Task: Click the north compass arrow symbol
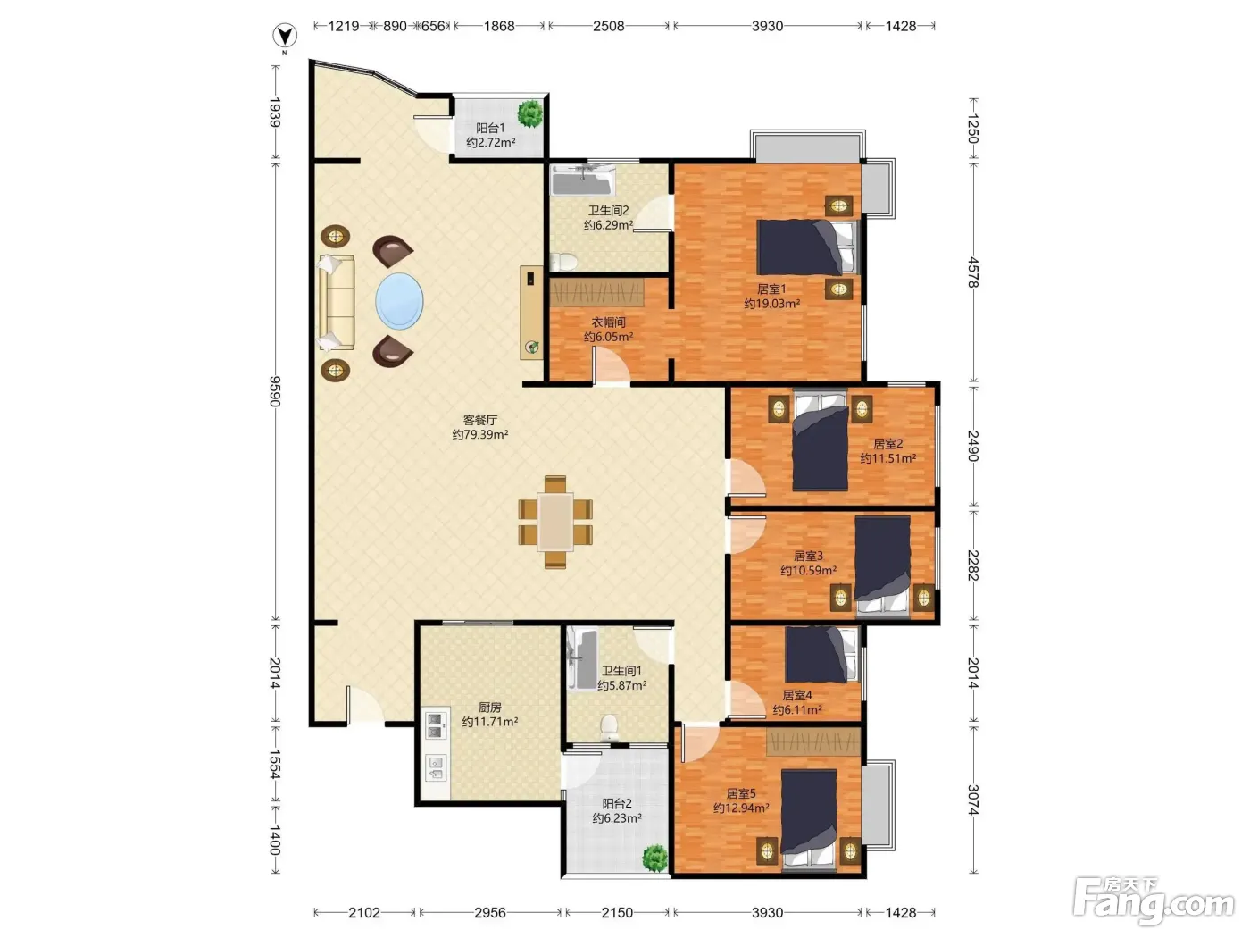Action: pos(285,36)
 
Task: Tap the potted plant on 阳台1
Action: pos(529,113)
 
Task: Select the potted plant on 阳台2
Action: pos(654,857)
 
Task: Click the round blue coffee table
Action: pos(399,301)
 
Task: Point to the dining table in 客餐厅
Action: pos(555,523)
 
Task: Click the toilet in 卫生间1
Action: pos(609,728)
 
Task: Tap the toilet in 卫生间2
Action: pos(563,262)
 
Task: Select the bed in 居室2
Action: pos(820,440)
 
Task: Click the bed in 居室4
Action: pos(821,655)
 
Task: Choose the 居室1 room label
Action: pos(771,289)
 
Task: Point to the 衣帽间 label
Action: pos(608,322)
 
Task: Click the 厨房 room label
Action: pos(490,708)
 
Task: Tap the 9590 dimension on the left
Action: pos(275,391)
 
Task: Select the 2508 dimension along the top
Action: pos(608,26)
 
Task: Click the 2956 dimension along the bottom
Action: pos(490,912)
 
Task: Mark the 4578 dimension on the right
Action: pos(973,272)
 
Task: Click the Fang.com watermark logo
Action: pos(1154,901)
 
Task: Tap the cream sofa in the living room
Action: pos(336,303)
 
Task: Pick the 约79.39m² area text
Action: pos(480,434)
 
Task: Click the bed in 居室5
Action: pos(809,820)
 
